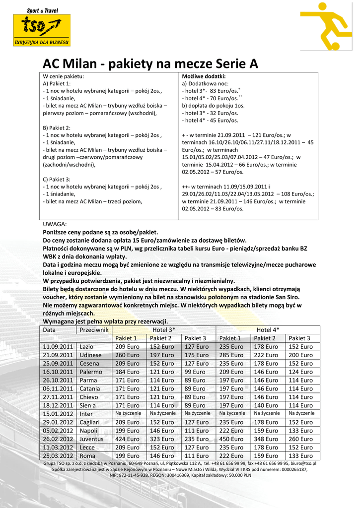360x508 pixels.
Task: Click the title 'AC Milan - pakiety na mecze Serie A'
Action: point(150,64)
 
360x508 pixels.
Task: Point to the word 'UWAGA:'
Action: point(55,224)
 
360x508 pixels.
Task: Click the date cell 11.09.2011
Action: point(58,347)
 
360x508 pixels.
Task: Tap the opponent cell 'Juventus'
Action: point(92,439)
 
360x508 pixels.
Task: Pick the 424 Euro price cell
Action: point(128,439)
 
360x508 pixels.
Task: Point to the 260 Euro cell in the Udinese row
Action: point(128,355)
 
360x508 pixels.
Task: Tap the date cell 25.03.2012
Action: point(58,456)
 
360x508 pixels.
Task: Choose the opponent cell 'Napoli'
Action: point(89,431)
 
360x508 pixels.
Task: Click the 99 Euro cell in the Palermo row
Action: point(195,372)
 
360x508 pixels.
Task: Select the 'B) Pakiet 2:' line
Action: point(57,127)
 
